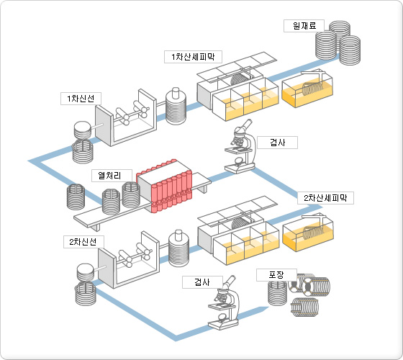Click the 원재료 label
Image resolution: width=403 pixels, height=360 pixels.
coord(304,26)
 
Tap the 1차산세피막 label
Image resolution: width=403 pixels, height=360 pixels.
coord(193,57)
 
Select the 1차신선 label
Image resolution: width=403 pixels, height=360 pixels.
coord(81,99)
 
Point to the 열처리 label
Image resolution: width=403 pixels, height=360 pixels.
coord(112,176)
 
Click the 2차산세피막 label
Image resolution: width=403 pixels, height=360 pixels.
coord(325,198)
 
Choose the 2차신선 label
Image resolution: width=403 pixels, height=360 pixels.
coord(83,242)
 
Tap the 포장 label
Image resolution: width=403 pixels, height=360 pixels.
coord(276,275)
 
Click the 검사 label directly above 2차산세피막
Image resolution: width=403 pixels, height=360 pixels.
coord(277,143)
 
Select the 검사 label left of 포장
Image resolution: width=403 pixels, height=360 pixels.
coord(202,282)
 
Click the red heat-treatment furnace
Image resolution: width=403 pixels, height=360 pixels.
coord(165,186)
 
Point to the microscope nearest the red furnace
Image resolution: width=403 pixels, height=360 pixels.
coord(240,147)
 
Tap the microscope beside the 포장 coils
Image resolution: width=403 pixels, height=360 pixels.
coord(224,303)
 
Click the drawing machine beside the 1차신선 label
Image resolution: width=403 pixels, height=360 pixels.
coord(126,118)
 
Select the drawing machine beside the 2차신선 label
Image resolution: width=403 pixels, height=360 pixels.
coord(129,260)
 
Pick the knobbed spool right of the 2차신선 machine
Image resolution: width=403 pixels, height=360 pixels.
coord(179,248)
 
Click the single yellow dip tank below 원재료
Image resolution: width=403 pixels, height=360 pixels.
coord(307,89)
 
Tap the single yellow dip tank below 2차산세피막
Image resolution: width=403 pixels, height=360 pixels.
coord(308,233)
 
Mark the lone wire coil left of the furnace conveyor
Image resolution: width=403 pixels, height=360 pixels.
coord(76,197)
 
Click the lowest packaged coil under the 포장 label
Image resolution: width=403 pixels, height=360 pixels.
coord(304,307)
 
